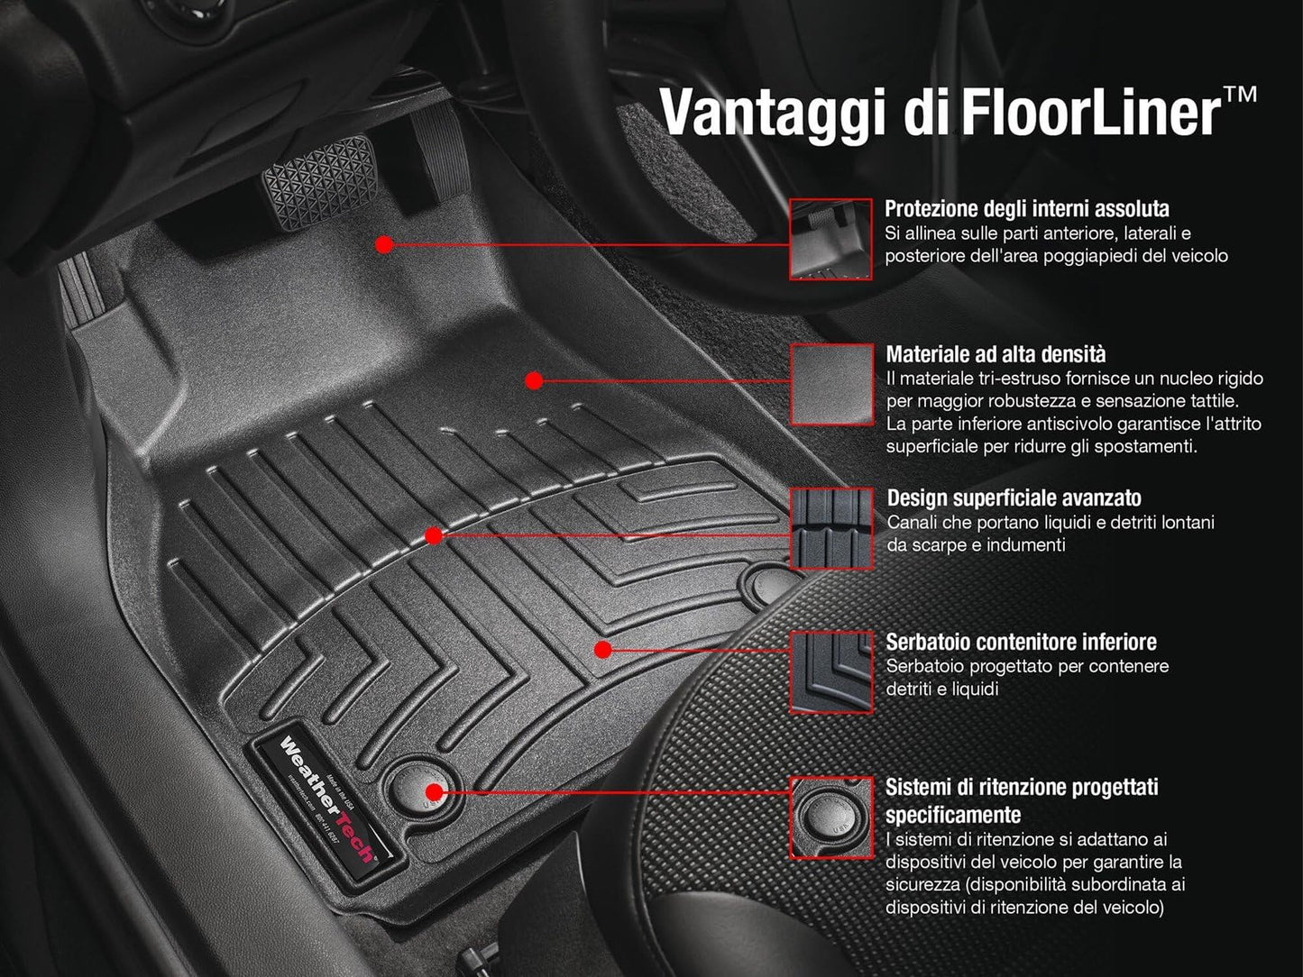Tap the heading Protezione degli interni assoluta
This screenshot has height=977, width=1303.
[1026, 209]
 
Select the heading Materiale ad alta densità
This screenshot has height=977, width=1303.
[996, 354]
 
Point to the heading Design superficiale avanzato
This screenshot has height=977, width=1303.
[1014, 498]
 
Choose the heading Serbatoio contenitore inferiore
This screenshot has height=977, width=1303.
[1021, 642]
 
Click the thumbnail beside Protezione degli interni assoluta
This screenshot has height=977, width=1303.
[830, 239]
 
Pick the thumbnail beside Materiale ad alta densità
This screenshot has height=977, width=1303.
[831, 383]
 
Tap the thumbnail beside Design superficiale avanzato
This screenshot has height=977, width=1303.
[831, 528]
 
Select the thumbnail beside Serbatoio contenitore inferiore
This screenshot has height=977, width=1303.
[831, 672]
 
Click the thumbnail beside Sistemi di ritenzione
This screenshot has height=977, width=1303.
[831, 817]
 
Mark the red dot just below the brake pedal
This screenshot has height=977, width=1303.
[384, 244]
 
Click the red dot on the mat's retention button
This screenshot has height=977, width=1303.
[434, 792]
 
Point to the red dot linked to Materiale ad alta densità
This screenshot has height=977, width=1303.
[533, 380]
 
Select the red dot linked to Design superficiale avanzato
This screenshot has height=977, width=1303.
[433, 536]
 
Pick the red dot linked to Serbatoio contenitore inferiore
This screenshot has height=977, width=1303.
[603, 649]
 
